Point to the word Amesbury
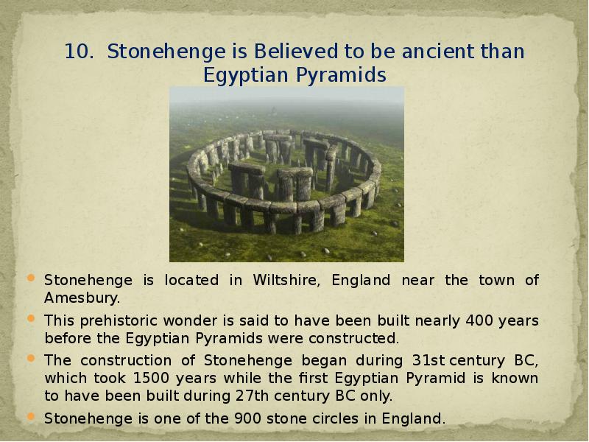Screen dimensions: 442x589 point(81,298)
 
